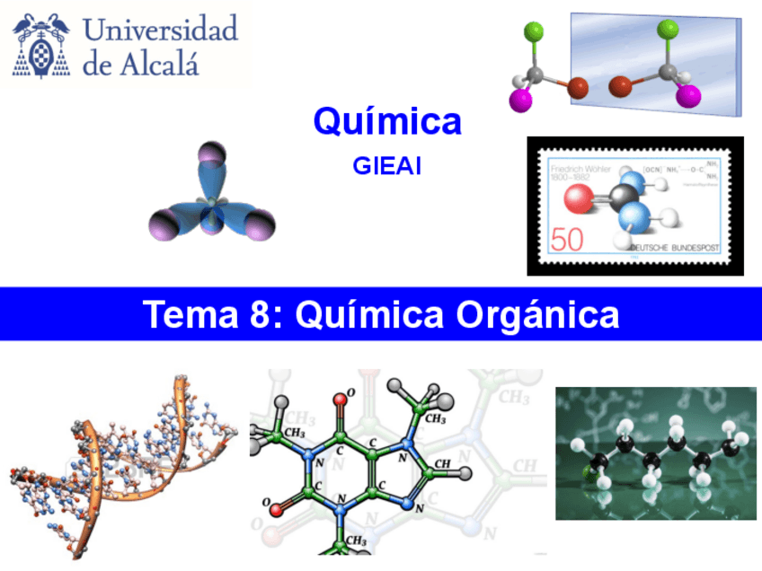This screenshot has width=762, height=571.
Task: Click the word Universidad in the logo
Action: (x=161, y=30)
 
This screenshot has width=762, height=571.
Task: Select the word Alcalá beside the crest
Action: (x=165, y=63)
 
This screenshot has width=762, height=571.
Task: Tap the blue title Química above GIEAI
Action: (x=387, y=121)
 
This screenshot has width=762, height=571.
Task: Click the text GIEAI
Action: (x=387, y=165)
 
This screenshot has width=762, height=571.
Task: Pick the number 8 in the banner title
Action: (x=254, y=315)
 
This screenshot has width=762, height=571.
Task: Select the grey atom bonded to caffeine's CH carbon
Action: (x=465, y=472)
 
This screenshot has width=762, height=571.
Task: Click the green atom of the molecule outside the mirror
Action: (x=534, y=33)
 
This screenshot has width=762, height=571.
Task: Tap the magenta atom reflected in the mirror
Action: (x=689, y=96)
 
